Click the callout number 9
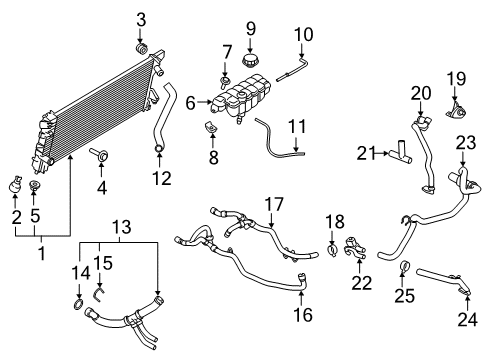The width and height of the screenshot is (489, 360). click(251, 29)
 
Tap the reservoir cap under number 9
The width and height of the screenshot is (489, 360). click(249, 61)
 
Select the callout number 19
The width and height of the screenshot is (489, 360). click(456, 79)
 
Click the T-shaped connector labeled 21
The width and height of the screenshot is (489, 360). click(401, 153)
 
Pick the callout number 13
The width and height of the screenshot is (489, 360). click(122, 227)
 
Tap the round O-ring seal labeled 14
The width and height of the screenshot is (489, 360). click(78, 304)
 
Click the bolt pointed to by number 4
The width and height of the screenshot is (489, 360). click(98, 154)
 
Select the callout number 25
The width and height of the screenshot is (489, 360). click(405, 296)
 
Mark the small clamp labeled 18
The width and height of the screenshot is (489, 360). click(332, 250)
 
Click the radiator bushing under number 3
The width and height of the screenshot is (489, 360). click(142, 48)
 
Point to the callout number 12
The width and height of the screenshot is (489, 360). click(162, 179)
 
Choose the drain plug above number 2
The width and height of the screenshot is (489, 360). click(15, 185)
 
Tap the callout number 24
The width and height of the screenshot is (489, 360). click(467, 319)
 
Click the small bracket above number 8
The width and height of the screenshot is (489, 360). click(210, 128)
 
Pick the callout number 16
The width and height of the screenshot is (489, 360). click(303, 315)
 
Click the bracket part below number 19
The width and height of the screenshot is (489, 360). click(455, 111)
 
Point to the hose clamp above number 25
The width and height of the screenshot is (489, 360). click(404, 266)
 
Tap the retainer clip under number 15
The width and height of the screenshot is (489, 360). click(98, 295)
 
